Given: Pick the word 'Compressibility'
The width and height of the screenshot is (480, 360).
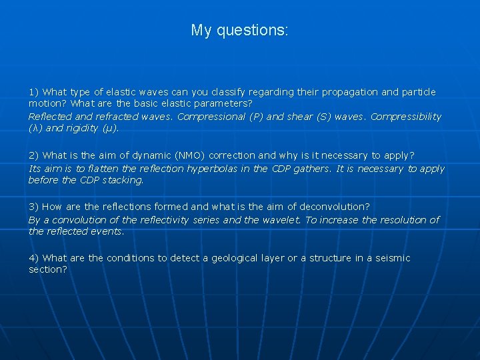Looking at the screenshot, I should [406, 117].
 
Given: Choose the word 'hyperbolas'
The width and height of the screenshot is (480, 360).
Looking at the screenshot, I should [213, 169].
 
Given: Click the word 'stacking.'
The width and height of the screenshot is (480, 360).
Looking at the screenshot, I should [123, 180].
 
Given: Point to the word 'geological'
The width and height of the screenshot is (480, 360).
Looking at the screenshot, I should [240, 258].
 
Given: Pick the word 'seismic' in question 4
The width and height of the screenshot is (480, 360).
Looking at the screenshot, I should [393, 258].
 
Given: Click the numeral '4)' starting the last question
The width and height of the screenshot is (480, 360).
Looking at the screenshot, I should [34, 258].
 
